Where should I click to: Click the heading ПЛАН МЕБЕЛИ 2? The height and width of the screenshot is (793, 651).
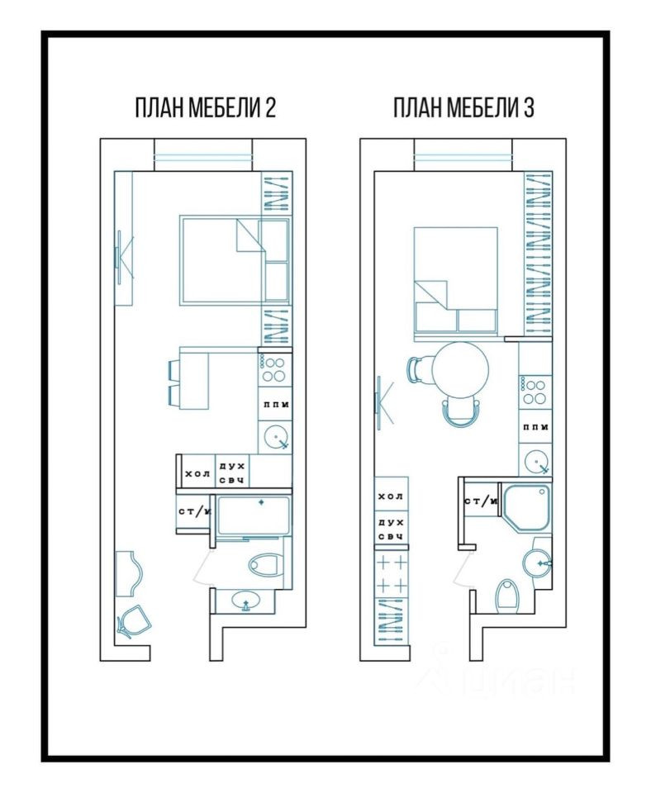tap(206, 107)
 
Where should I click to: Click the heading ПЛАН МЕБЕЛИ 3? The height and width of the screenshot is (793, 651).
tap(463, 107)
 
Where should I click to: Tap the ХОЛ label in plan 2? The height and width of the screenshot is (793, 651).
tap(197, 474)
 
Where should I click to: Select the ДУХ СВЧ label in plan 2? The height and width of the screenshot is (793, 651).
tap(232, 472)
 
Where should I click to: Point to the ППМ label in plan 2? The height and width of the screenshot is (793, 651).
tap(276, 404)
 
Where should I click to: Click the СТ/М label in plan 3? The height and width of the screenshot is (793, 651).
tap(481, 501)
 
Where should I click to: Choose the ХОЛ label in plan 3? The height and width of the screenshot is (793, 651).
tap(391, 496)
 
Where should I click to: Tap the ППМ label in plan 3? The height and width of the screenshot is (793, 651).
tap(535, 427)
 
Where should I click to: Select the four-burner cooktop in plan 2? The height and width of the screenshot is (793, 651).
tap(274, 369)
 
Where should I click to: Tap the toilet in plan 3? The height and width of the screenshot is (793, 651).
tap(507, 596)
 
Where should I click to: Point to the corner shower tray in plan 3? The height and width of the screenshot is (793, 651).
tap(525, 507)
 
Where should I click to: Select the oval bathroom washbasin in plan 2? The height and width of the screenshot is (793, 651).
tap(246, 601)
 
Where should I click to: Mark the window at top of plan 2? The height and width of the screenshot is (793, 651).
tap(203, 154)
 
